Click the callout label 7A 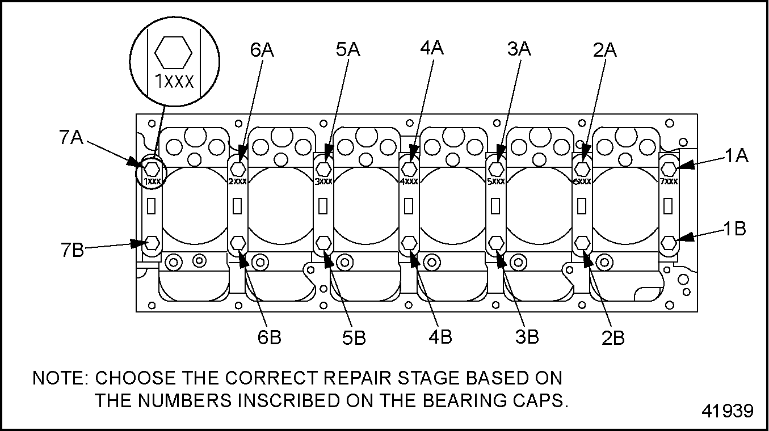pos(71,138)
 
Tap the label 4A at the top pos(432,48)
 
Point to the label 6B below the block pos(269,337)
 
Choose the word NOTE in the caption pos(58,378)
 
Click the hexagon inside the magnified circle pos(174,52)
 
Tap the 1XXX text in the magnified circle pos(175,82)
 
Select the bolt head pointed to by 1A pos(669,168)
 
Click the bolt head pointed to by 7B pos(152,243)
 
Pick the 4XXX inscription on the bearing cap pos(409,182)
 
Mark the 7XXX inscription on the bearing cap pos(669,181)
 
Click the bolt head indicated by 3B pos(496,243)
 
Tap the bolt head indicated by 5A pos(323,169)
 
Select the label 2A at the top pos(604,50)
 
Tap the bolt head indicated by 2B pos(582,243)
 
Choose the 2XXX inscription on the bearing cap pos(237,182)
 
